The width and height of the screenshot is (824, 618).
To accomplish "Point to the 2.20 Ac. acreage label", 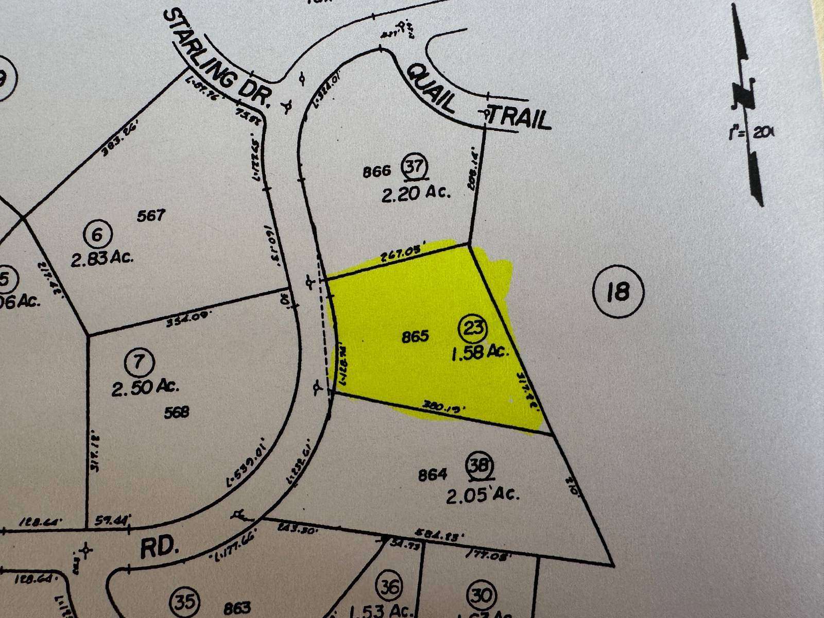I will tap(416, 194).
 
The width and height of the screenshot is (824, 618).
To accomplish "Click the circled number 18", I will tap(618, 292).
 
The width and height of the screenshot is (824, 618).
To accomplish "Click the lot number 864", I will tap(433, 474).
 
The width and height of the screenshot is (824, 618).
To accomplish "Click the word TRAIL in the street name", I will tap(519, 118).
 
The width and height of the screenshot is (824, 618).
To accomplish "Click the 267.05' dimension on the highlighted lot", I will tap(398, 255).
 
